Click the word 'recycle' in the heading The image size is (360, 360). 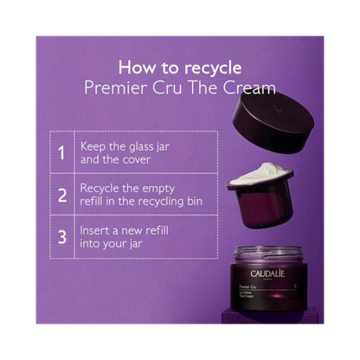coord(213,68)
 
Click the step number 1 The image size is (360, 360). coord(61,153)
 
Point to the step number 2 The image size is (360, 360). coord(62,196)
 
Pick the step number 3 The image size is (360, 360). coord(62,237)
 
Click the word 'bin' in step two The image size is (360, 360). coord(195,201)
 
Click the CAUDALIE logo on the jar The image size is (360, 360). coord(267,273)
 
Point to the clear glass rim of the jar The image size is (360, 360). coord(268,254)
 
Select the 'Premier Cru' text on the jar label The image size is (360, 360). coord(247,286)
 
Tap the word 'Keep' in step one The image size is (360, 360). coord(93,147)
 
